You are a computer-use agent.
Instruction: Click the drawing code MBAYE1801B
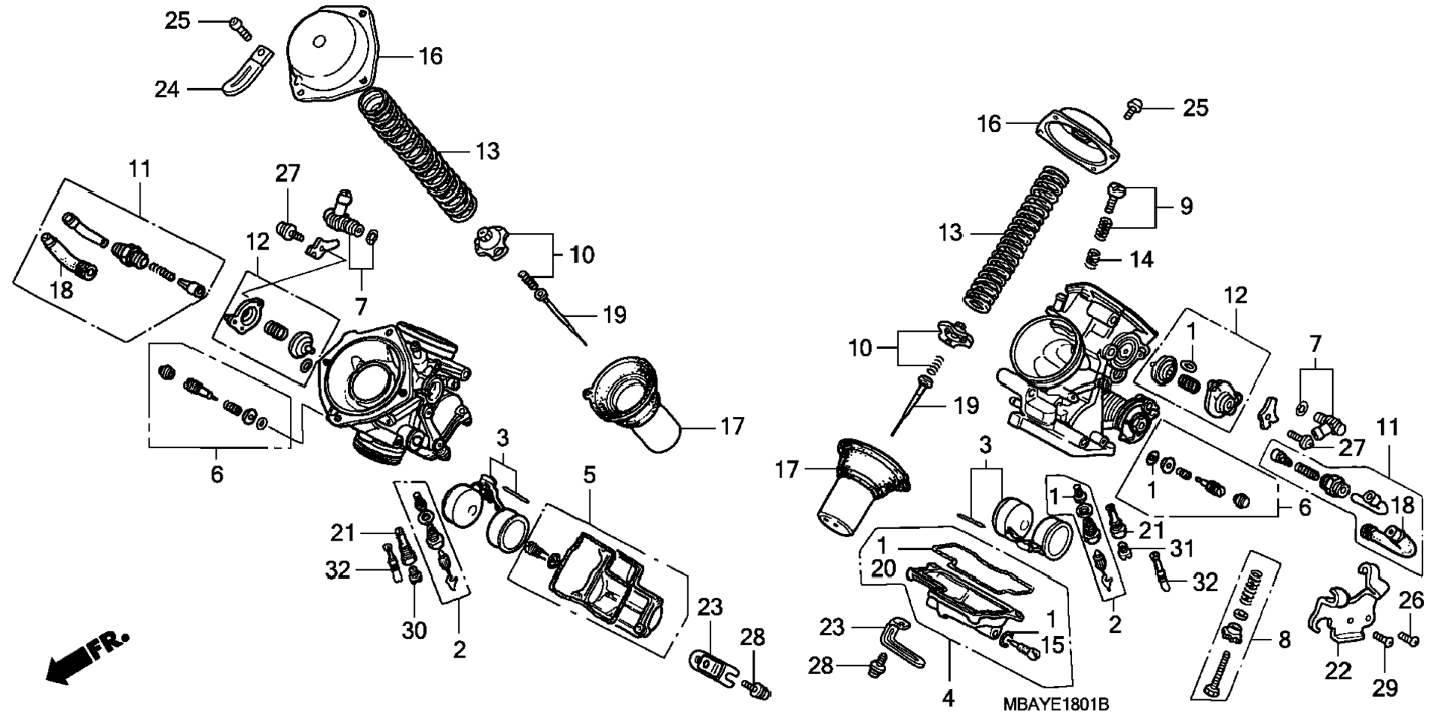click(1056, 705)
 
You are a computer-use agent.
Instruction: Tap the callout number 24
click(167, 90)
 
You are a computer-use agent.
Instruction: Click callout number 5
click(590, 474)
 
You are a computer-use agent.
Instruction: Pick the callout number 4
click(948, 699)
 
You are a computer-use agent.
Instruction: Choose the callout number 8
click(1284, 640)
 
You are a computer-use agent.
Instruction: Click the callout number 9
click(1186, 206)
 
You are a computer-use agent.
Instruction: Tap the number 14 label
click(1142, 259)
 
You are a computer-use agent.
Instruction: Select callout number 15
click(1052, 644)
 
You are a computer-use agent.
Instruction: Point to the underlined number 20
click(882, 569)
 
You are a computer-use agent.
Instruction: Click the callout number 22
click(1338, 671)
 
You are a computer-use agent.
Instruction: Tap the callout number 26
click(1411, 600)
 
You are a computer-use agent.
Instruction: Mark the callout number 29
click(1386, 688)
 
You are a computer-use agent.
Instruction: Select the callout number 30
click(414, 631)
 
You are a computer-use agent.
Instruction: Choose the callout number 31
click(1181, 549)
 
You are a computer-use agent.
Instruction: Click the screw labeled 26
click(1408, 638)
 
